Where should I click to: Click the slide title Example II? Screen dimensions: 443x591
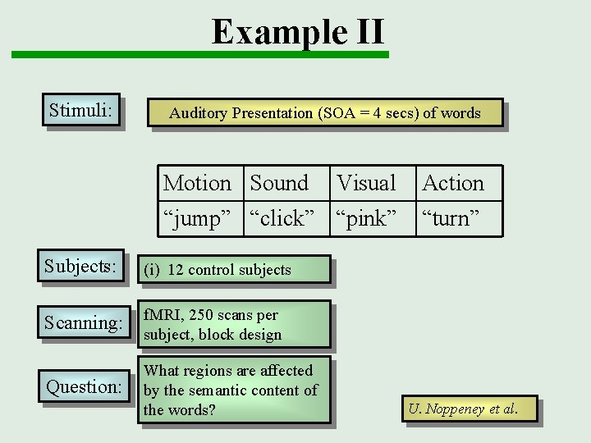point(297,32)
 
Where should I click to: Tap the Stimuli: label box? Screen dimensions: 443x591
point(80,109)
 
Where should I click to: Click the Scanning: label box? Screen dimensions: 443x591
point(83,323)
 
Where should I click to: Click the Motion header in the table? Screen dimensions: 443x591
point(197,183)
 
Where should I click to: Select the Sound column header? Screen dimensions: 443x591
point(279,183)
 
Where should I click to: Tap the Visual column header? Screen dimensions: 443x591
point(366,183)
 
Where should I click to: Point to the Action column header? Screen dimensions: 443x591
point(453,183)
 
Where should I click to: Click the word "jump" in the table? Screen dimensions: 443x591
point(197,218)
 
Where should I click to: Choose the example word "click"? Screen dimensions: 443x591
point(282,218)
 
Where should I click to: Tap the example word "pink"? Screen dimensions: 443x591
point(366,218)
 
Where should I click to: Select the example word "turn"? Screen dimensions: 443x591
point(450,218)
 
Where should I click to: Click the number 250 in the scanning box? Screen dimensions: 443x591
point(199,315)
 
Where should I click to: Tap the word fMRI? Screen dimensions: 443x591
point(161,315)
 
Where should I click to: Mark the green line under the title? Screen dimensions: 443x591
point(199,55)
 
